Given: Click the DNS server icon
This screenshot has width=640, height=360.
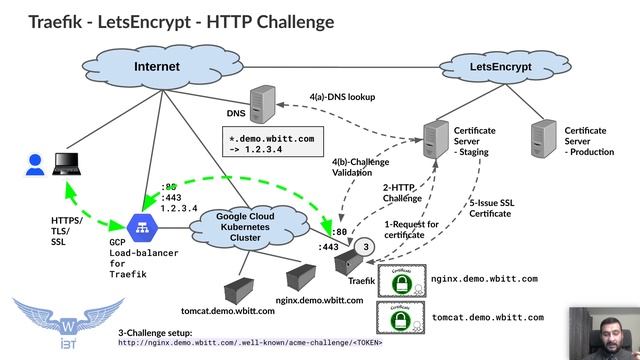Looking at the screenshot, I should pyautogui.click(x=262, y=103).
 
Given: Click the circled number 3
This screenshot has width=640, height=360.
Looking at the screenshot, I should pyautogui.click(x=366, y=247).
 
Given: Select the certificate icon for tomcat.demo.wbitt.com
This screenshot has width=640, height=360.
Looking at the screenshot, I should pyautogui.click(x=400, y=319).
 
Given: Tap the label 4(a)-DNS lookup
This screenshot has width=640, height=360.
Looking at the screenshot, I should pyautogui.click(x=344, y=99).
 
